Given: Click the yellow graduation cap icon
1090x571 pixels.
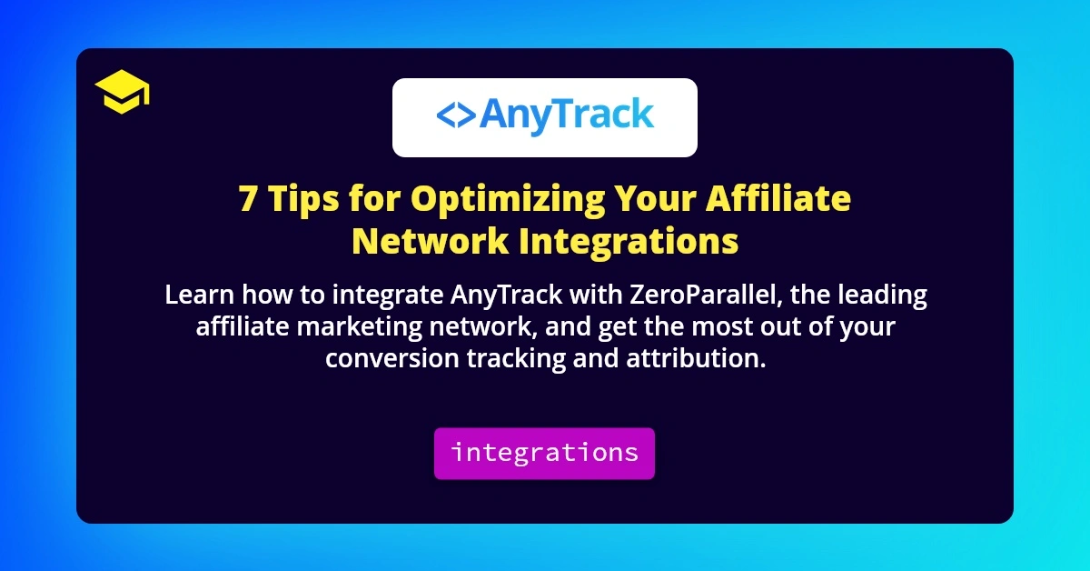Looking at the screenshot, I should tap(122, 94).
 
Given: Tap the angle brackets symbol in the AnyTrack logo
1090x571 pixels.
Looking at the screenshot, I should tap(454, 116).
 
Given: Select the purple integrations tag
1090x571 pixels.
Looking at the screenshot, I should tap(544, 453).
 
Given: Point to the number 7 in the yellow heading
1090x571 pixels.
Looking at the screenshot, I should tap(248, 199).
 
